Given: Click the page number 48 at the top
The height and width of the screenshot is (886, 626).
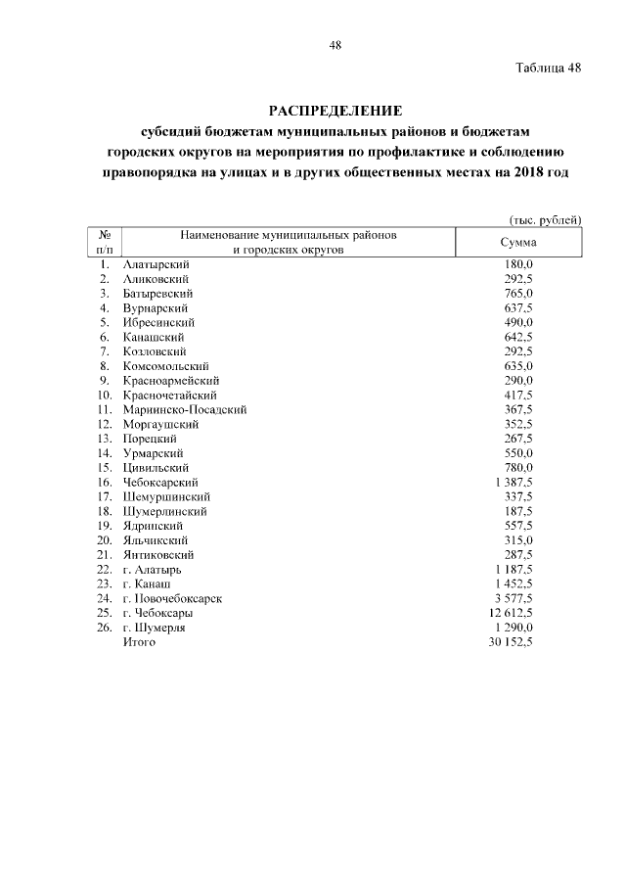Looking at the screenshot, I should (x=335, y=45).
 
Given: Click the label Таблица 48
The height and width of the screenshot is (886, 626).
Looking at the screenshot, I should (x=549, y=68).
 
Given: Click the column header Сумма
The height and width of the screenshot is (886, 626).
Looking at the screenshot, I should (x=517, y=243).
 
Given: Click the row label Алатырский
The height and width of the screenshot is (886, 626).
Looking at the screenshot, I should (x=156, y=265).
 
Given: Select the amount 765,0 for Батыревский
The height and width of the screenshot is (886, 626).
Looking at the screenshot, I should (x=517, y=294).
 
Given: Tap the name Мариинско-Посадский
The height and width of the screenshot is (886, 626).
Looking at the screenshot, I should (x=185, y=409).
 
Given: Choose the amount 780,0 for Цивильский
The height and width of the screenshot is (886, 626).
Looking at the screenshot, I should (x=517, y=467).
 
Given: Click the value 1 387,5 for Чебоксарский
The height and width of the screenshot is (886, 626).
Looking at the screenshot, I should (x=514, y=482).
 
